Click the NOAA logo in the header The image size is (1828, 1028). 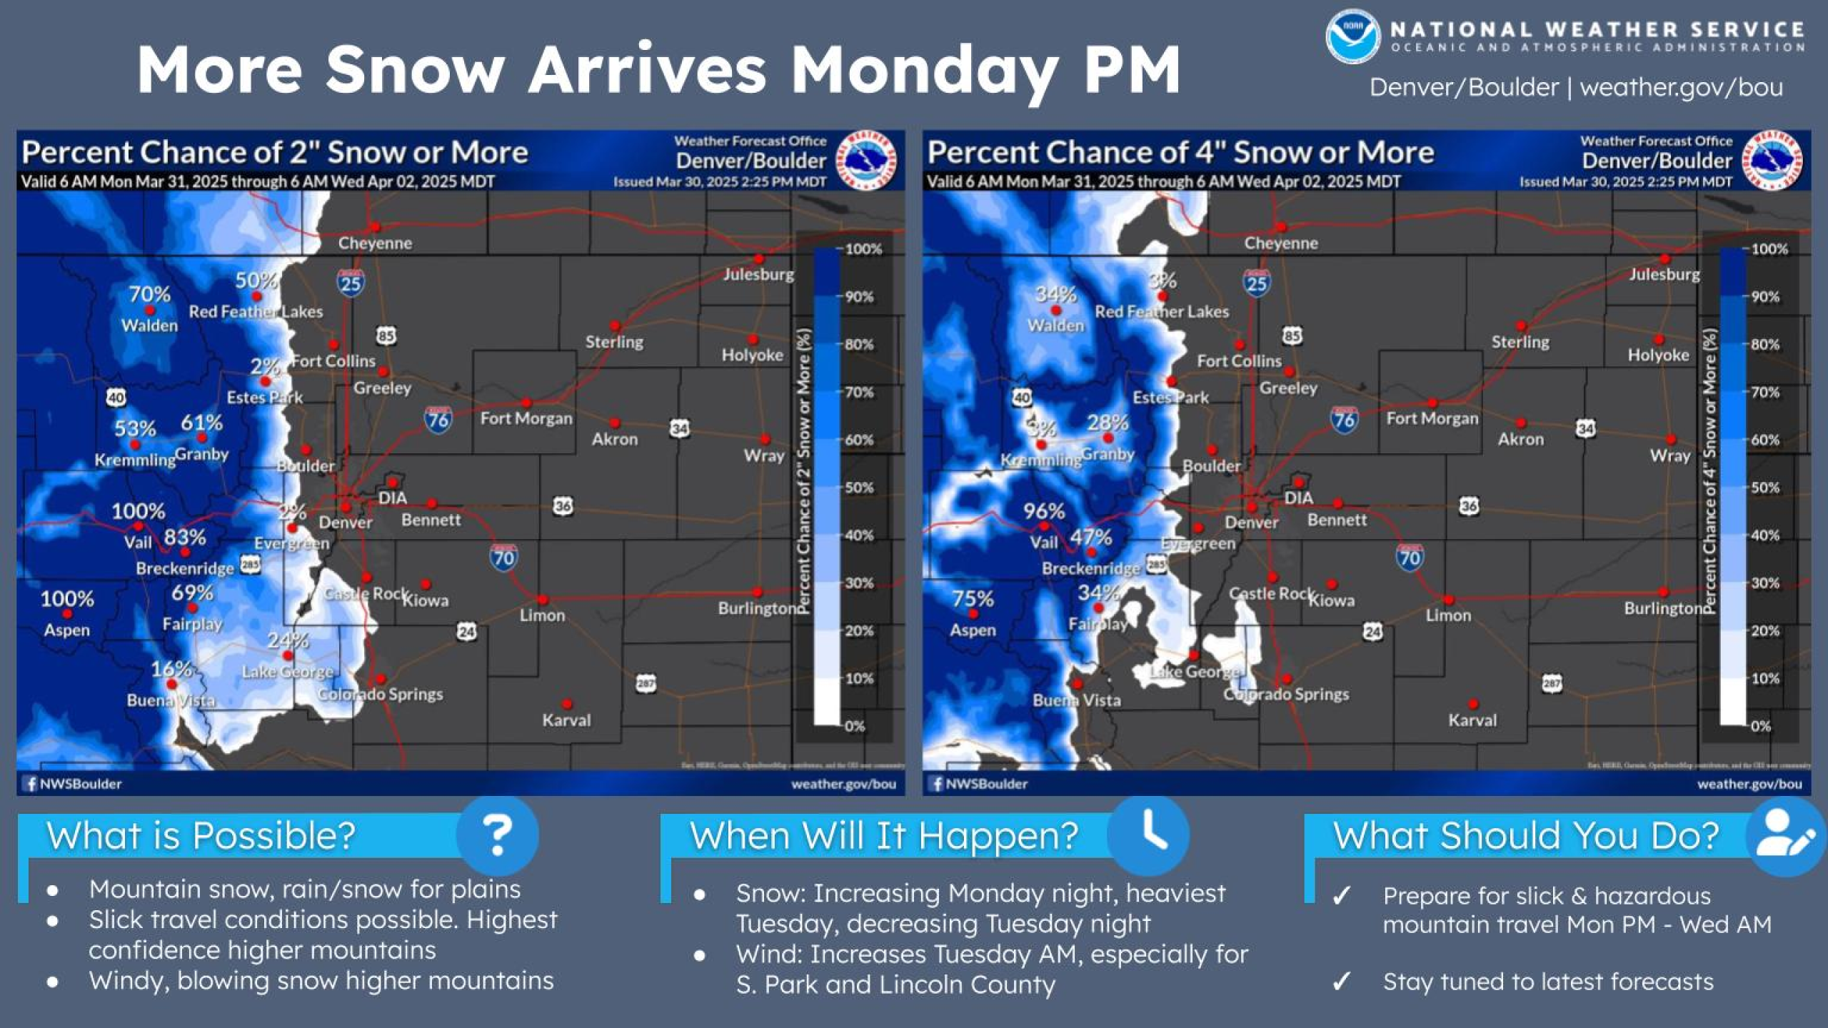pos(1352,37)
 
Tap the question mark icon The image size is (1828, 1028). pos(498,835)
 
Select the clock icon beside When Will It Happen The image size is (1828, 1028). pos(1150,833)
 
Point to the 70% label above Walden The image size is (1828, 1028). pos(149,294)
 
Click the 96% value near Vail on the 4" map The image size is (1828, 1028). pos(1043,511)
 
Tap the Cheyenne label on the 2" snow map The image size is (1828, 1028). pos(375,243)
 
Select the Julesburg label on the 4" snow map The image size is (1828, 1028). pos(1664,274)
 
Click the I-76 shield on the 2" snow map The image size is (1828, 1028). pos(438,419)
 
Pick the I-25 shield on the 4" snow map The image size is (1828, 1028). pos(1257,283)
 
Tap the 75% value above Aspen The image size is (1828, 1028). pos(973,598)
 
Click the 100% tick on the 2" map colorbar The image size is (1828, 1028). pos(863,249)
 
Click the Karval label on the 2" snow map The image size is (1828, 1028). pos(566,720)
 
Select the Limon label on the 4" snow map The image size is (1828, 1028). pos(1448,615)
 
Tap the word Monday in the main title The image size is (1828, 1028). pos(925,69)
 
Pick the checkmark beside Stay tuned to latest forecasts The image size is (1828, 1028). pos(1342,982)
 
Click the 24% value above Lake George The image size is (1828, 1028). pos(288,640)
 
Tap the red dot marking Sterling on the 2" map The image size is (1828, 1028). pos(616,326)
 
